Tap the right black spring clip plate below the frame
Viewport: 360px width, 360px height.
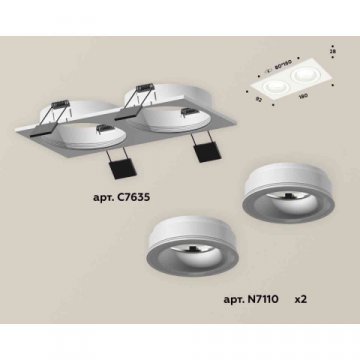pos(209,151)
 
